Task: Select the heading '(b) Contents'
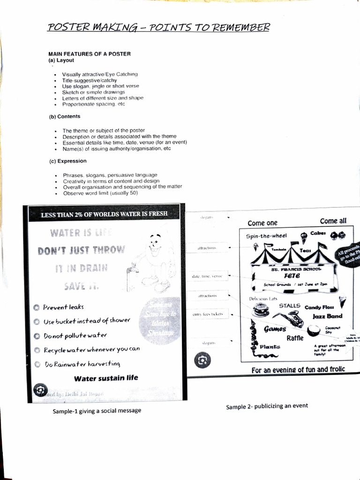pos(65,116)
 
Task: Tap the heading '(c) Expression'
pos(68,161)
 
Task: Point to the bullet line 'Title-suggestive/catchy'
pos(90,80)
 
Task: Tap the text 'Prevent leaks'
pos(63,307)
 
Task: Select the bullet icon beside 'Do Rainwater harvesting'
pos(37,364)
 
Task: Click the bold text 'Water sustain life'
pos(106,378)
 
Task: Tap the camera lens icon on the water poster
pos(40,390)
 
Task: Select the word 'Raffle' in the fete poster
pos(295,338)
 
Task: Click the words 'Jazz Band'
pos(327,316)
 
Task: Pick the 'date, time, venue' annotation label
pos(207,277)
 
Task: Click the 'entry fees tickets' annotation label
pos(207,314)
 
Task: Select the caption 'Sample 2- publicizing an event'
pos(267,406)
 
